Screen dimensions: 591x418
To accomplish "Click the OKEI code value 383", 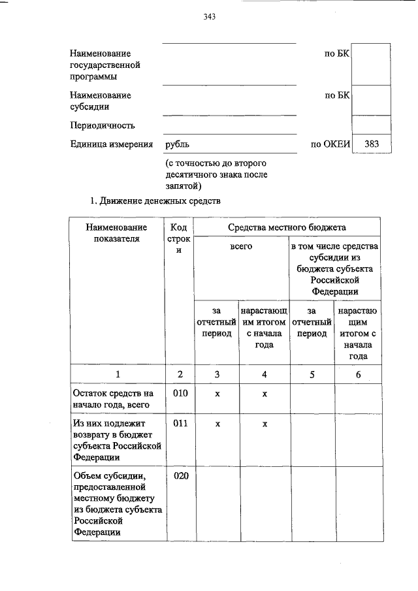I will point(371,144).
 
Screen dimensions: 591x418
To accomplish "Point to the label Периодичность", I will point(103,125).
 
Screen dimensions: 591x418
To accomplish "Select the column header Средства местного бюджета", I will point(287,227).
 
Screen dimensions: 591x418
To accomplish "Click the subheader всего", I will point(241,246).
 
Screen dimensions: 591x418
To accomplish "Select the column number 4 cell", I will point(265,374).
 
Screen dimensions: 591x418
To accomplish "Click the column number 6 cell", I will point(359,374).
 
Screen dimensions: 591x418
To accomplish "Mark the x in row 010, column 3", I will point(217,394).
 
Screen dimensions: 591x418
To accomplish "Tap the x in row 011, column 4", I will point(265,424).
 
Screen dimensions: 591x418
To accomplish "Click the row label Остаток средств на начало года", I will point(112,399).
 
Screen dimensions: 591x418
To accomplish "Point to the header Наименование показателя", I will point(118,233).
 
